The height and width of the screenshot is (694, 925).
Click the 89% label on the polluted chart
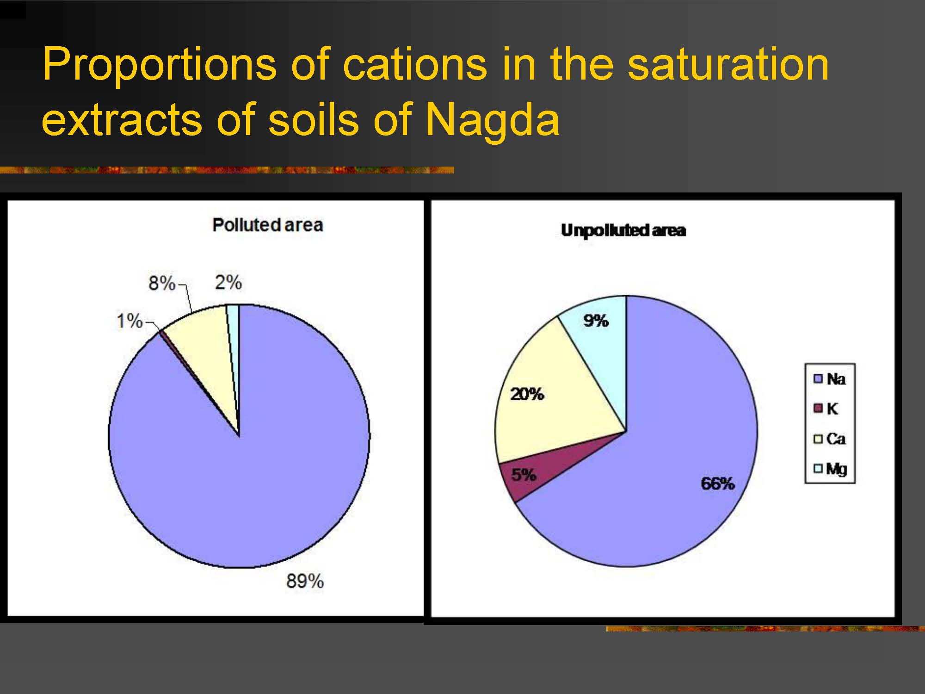point(305,581)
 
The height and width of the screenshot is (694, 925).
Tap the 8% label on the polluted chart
point(162,283)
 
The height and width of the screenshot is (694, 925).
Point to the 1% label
point(129,321)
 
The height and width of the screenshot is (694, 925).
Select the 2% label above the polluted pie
point(228,282)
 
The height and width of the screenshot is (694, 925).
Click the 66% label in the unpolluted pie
point(717,483)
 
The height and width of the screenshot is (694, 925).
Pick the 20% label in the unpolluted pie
point(527,394)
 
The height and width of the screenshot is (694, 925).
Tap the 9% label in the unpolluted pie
point(596,321)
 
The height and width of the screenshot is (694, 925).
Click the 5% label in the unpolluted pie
point(524,475)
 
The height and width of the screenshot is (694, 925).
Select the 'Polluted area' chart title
point(267,225)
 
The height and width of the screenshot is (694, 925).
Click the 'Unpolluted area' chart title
point(623,230)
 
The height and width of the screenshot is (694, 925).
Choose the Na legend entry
point(830,379)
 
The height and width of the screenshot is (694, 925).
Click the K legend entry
point(826,409)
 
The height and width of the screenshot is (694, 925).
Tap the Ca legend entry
point(830,439)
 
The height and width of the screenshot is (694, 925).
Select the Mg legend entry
point(830,469)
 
